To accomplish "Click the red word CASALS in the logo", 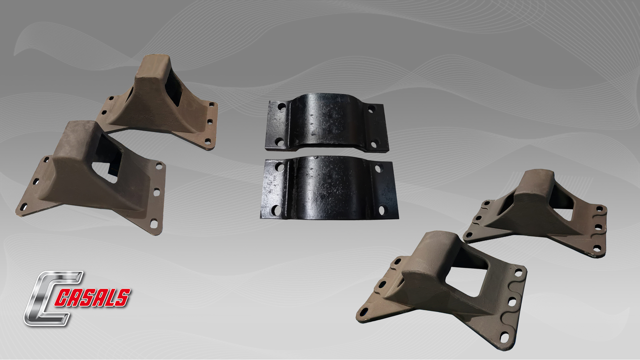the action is pos(92,298).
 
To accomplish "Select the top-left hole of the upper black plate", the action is pos(282,107).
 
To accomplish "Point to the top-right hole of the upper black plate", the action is pos(371,109).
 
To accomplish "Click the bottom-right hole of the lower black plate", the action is pos(382,210).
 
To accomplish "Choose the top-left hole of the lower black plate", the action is pos(279,167).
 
